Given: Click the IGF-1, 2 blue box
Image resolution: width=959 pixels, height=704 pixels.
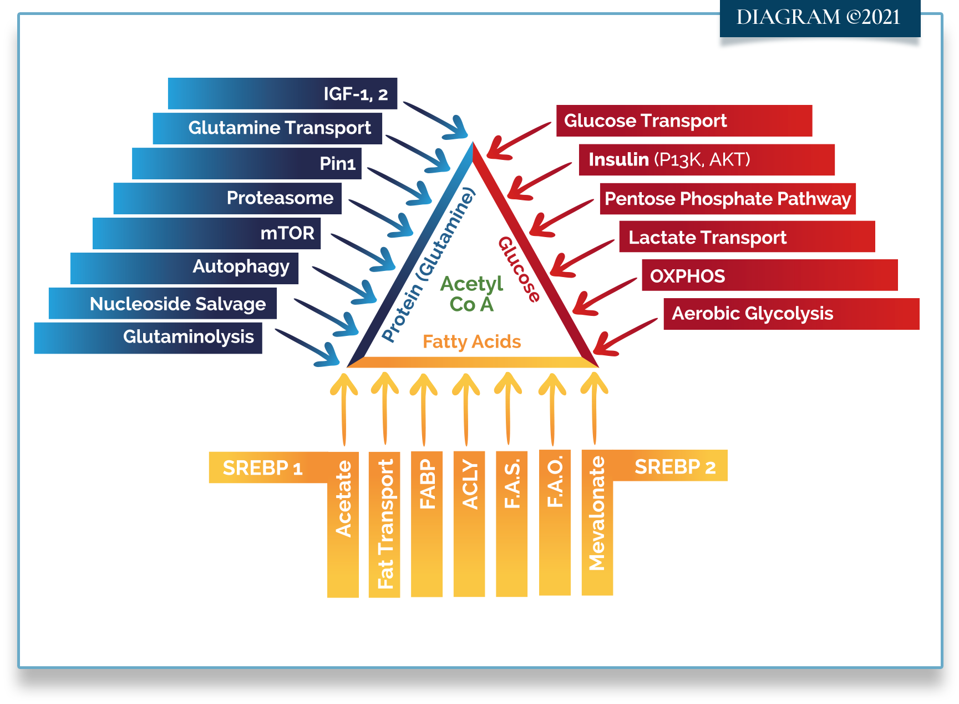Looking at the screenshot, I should click(x=282, y=94).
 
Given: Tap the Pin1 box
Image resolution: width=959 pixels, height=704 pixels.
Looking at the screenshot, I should click(x=247, y=163).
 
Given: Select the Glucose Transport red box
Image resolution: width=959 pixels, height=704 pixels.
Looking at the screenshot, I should click(x=684, y=120).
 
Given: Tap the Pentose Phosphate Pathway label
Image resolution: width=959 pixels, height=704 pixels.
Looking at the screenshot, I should click(x=728, y=199).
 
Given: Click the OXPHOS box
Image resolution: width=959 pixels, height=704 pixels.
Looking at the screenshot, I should click(x=769, y=275).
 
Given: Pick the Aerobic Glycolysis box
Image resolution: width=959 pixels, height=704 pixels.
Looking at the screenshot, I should click(x=791, y=314).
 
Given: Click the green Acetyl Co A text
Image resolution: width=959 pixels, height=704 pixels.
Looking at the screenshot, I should click(x=471, y=294).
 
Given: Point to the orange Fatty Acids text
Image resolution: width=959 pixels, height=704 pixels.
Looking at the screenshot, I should click(x=471, y=341).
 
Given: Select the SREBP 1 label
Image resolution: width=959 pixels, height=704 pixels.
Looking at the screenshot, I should click(x=262, y=468).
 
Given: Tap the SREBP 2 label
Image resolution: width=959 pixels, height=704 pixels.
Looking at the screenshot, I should click(x=675, y=466).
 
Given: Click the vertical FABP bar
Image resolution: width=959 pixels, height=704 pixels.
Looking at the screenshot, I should click(x=427, y=524).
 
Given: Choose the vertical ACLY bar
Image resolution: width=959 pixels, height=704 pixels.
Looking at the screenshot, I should click(x=469, y=524).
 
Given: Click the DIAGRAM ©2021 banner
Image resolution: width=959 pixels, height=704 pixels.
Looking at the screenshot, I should click(x=819, y=18).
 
